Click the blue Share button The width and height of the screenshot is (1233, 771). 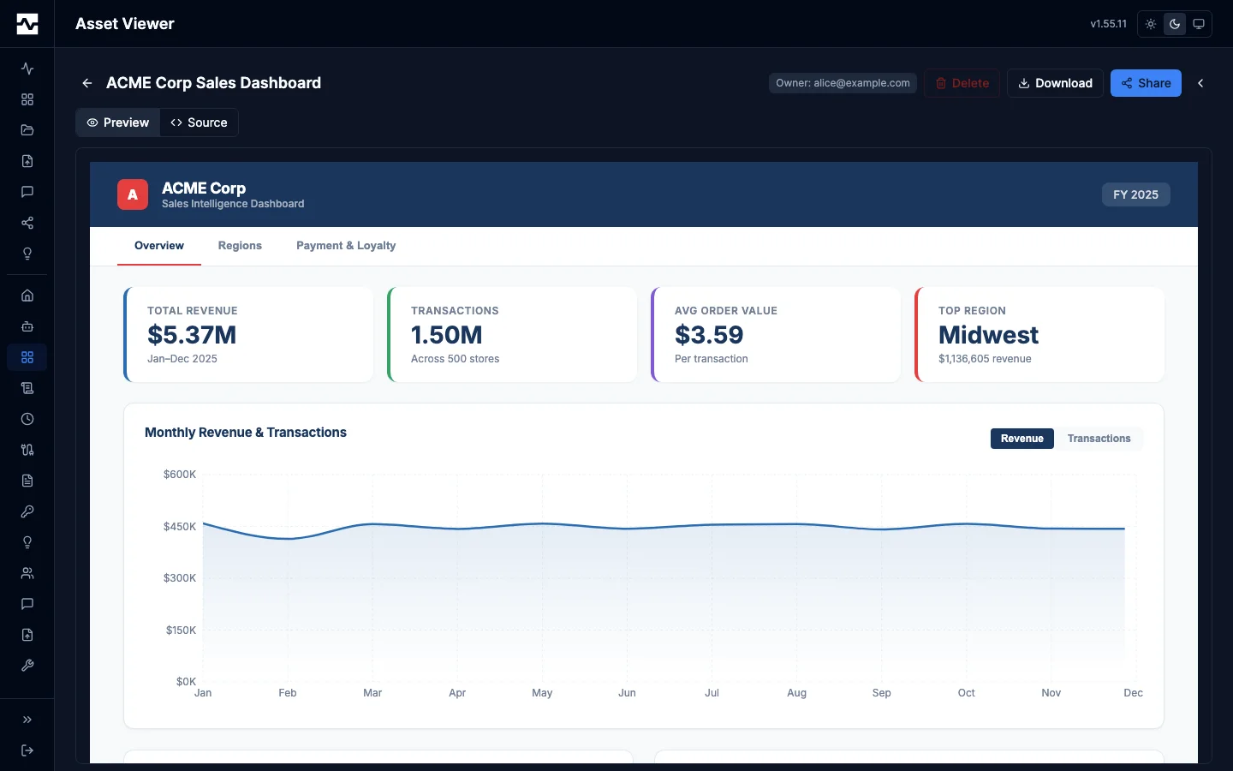tap(1146, 83)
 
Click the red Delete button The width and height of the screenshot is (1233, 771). tap(962, 83)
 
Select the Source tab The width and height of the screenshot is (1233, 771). tap(199, 123)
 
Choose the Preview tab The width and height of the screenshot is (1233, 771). tap(118, 123)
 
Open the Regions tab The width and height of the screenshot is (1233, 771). tap(240, 246)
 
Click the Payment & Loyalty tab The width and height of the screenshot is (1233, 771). tap(346, 246)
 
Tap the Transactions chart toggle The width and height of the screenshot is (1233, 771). tap(1099, 439)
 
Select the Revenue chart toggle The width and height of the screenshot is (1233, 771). tap(1022, 439)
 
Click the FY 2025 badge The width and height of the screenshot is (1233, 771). tap(1135, 194)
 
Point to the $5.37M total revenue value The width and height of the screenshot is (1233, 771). tap(192, 335)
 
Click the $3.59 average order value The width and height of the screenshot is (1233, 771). tap(709, 335)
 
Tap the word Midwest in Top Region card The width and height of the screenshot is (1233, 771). tap(988, 335)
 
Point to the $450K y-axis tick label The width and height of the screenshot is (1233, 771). tap(180, 527)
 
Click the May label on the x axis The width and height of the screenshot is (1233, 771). tap(542, 693)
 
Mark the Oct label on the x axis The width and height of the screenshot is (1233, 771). tap(966, 693)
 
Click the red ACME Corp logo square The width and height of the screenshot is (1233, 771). tap(133, 194)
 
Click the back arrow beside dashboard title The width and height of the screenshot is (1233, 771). tap(86, 83)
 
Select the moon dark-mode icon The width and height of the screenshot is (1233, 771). tap(1175, 24)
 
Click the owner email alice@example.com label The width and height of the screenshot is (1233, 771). tap(843, 83)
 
